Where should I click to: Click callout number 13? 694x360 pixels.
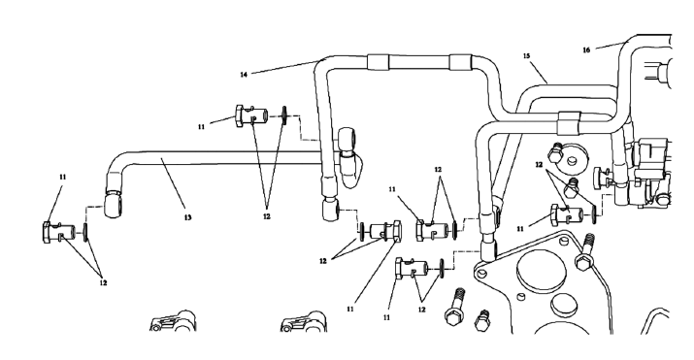[187, 217]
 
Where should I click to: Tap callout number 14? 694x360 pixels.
[244, 75]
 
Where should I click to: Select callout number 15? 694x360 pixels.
[526, 55]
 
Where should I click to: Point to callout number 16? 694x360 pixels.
[586, 50]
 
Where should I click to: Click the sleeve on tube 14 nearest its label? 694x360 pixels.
[378, 62]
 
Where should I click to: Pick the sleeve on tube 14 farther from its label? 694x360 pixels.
[461, 62]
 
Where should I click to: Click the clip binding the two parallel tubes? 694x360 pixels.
[568, 122]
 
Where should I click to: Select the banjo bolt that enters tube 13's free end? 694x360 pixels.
[59, 232]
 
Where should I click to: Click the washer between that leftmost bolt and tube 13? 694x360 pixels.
[85, 232]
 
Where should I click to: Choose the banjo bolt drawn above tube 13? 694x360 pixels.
[251, 116]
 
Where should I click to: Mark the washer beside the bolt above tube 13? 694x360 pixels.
[284, 116]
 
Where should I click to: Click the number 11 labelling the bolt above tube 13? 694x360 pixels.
[201, 127]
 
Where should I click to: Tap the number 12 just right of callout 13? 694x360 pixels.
[267, 216]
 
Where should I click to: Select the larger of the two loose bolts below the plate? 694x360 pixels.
[454, 310]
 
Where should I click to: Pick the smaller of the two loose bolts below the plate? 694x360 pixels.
[482, 320]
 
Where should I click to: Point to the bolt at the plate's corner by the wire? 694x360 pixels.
[584, 252]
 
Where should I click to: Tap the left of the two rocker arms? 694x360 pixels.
[174, 321]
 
